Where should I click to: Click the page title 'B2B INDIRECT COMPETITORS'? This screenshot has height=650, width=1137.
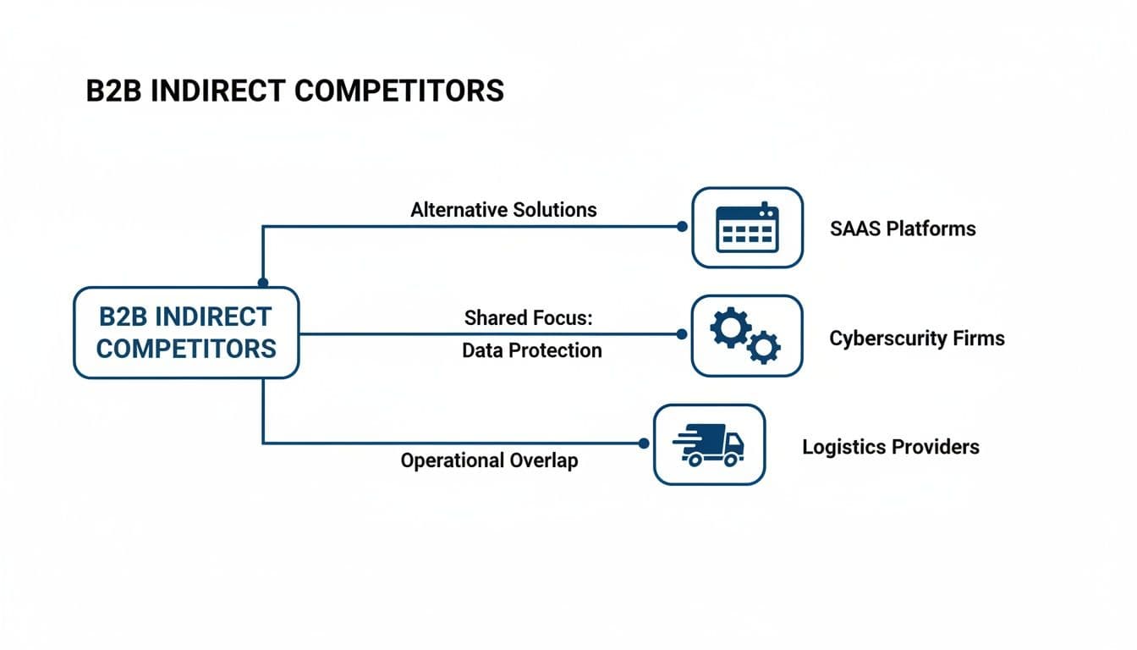click(x=294, y=91)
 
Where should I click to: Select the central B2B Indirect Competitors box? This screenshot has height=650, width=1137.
click(x=186, y=332)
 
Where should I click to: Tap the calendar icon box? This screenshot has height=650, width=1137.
click(x=747, y=227)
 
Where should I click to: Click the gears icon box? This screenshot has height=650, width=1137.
click(x=746, y=335)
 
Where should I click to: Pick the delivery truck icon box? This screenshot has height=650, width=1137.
click(x=709, y=444)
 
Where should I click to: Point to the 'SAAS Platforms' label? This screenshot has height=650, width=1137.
click(x=903, y=229)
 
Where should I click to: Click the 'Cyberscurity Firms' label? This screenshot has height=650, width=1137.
click(x=916, y=339)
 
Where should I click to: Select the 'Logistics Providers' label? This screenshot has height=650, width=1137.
click(x=890, y=447)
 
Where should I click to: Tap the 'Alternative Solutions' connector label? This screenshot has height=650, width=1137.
click(x=503, y=210)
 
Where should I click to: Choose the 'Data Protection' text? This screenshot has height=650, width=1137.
click(x=531, y=350)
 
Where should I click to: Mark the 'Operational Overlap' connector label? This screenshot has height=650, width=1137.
click(x=489, y=461)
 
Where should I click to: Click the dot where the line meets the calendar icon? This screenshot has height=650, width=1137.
click(x=682, y=227)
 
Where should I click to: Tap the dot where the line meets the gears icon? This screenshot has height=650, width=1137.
click(x=682, y=334)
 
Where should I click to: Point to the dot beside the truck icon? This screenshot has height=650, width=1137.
click(x=644, y=443)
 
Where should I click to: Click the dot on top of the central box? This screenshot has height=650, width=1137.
click(x=263, y=283)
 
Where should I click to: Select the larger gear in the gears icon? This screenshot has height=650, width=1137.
click(x=730, y=327)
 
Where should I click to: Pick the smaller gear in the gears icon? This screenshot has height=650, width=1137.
click(x=764, y=347)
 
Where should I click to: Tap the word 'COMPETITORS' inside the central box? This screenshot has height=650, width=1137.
click(x=186, y=348)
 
